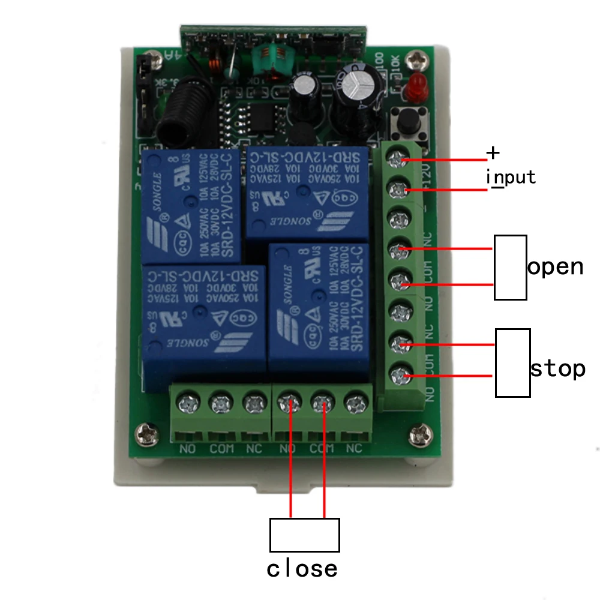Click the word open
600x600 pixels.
click(x=555, y=266)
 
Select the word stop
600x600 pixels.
click(x=557, y=368)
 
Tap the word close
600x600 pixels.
click(x=302, y=568)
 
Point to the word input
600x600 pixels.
click(x=510, y=178)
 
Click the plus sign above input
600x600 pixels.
click(x=493, y=153)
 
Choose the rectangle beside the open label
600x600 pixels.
click(x=510, y=267)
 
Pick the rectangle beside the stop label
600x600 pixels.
click(x=512, y=362)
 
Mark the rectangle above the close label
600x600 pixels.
click(x=304, y=535)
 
